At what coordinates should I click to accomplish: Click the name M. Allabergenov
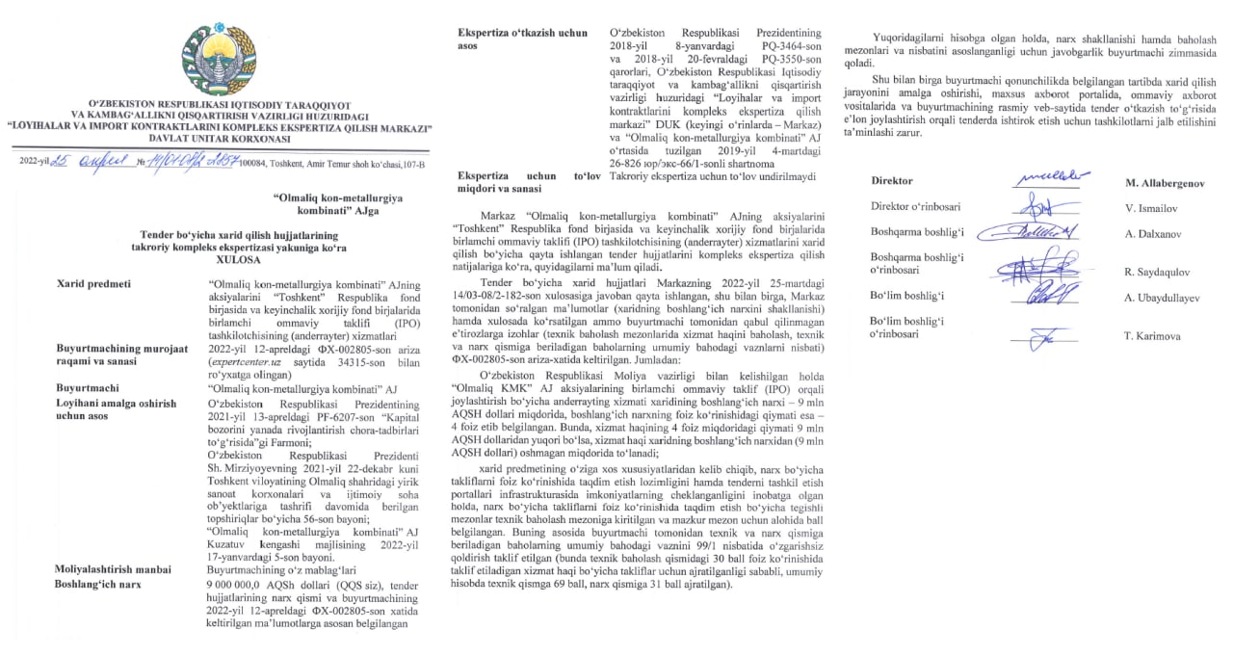click(x=1171, y=181)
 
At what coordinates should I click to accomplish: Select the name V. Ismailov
click(x=1157, y=207)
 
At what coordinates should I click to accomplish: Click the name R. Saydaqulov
click(x=1163, y=272)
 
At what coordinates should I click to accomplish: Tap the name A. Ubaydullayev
click(x=1168, y=298)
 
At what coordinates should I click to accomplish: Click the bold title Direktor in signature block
click(x=891, y=180)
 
